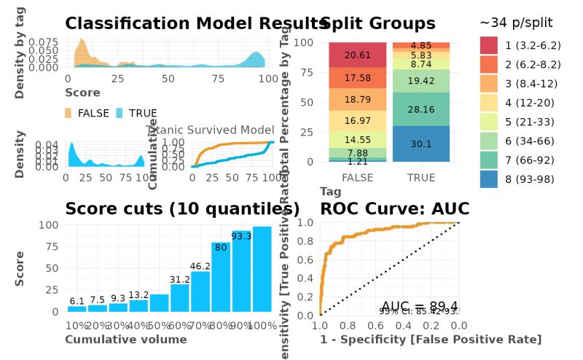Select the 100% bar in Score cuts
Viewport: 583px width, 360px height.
click(262, 269)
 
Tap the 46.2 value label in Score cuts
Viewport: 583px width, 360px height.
click(200, 267)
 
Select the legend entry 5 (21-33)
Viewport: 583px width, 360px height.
click(529, 121)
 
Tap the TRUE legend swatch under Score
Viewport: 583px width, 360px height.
click(120, 113)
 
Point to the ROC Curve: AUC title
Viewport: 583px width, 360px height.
click(394, 209)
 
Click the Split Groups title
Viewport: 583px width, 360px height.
click(378, 23)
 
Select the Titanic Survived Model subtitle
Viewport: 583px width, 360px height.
click(210, 130)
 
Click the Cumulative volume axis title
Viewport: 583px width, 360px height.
click(126, 340)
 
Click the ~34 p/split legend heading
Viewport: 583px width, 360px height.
click(517, 23)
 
